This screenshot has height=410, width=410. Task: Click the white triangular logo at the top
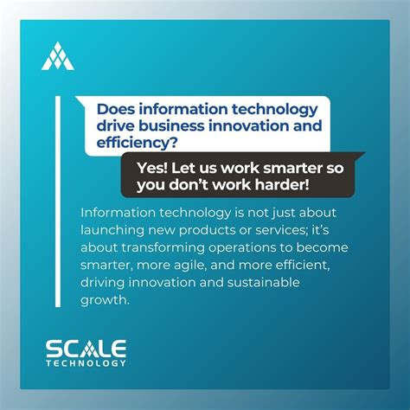tap(57, 56)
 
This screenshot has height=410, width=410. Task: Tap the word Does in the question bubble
tap(116, 110)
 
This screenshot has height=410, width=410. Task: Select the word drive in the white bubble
tap(115, 126)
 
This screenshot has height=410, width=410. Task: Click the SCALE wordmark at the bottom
tap(86, 348)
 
